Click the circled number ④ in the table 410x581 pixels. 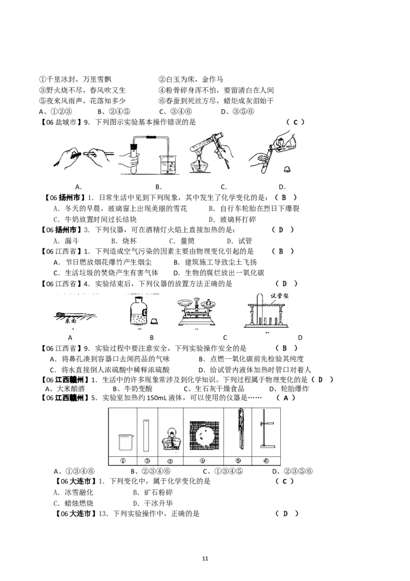tap(203, 461)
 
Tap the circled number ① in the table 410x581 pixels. tap(123, 461)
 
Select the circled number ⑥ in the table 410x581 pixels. tap(265, 461)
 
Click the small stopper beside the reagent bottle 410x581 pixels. tap(154, 322)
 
